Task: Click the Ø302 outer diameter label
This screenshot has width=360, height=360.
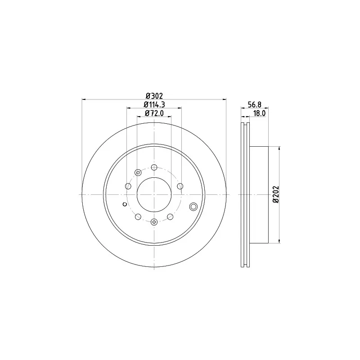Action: (x=154, y=95)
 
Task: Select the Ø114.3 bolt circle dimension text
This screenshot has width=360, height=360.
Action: (x=154, y=104)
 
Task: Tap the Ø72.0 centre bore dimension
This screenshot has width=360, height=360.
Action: (x=154, y=113)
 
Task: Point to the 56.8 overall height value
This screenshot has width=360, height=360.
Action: (x=254, y=104)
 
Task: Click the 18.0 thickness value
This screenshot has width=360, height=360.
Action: (x=259, y=113)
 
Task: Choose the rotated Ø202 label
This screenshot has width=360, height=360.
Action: (x=275, y=194)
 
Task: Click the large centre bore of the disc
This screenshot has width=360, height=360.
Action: (x=154, y=194)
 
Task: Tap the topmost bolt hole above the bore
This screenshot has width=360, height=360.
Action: (x=154, y=167)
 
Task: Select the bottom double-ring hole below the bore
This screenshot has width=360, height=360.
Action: (x=154, y=222)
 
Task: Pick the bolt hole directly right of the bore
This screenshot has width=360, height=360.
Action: (x=180, y=186)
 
